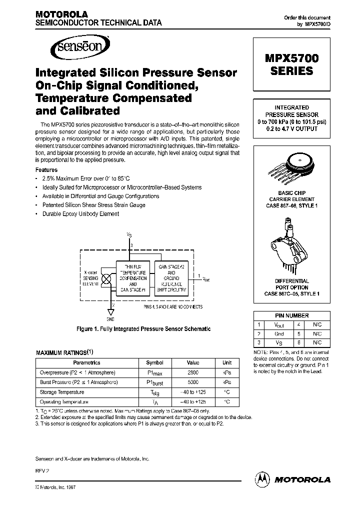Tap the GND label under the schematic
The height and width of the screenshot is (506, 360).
110,319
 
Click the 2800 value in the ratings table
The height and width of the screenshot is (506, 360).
193,372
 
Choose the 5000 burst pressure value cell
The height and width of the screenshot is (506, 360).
193,382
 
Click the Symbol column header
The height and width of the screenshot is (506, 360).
154,362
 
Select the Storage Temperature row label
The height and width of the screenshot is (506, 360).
62,392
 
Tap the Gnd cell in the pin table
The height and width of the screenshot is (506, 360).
279,333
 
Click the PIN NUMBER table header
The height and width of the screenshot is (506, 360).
292,316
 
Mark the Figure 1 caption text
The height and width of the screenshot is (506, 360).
143,329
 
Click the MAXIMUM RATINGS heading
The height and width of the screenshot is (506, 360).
64,352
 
